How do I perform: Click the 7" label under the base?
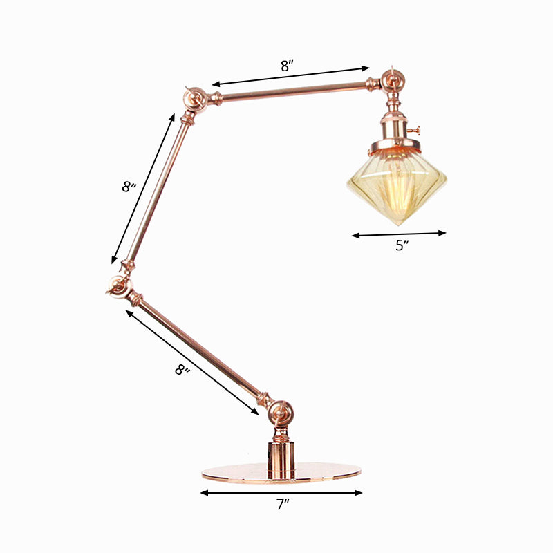(282, 505)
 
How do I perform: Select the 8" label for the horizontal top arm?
(287, 66)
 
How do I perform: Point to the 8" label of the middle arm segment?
(129, 187)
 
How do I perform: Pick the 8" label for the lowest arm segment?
(182, 371)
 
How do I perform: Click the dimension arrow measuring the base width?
(281, 493)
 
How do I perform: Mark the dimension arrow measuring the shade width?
(399, 234)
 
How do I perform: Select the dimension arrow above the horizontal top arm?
(291, 76)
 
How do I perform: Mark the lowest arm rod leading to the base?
(200, 349)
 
